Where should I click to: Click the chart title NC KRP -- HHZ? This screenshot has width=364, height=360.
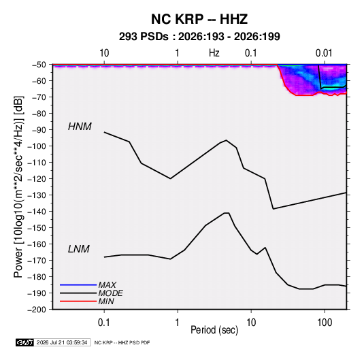click(x=199, y=19)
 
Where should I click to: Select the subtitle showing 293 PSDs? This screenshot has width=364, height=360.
click(x=199, y=37)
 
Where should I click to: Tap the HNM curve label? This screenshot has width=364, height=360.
click(x=80, y=127)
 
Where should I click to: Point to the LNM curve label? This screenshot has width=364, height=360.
click(x=79, y=249)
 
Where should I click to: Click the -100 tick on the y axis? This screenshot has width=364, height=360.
click(x=37, y=146)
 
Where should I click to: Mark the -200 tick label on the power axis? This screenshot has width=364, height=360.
click(x=37, y=310)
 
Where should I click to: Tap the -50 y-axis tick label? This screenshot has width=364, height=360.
click(x=39, y=65)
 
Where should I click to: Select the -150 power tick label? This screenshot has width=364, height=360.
click(x=37, y=228)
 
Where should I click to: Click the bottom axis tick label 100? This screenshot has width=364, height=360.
click(x=325, y=323)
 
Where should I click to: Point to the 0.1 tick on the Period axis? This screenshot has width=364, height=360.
click(x=104, y=323)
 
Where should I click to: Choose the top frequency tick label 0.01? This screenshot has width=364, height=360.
click(x=324, y=53)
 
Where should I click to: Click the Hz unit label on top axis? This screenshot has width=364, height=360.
click(x=214, y=53)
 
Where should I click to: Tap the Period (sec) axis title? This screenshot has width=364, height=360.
click(x=214, y=330)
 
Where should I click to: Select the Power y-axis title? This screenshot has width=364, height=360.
click(x=18, y=187)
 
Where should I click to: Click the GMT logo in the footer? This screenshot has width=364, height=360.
click(x=24, y=342)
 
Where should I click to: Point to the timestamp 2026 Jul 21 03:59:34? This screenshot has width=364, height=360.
click(x=62, y=342)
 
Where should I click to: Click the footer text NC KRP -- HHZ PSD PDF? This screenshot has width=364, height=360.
click(x=122, y=342)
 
